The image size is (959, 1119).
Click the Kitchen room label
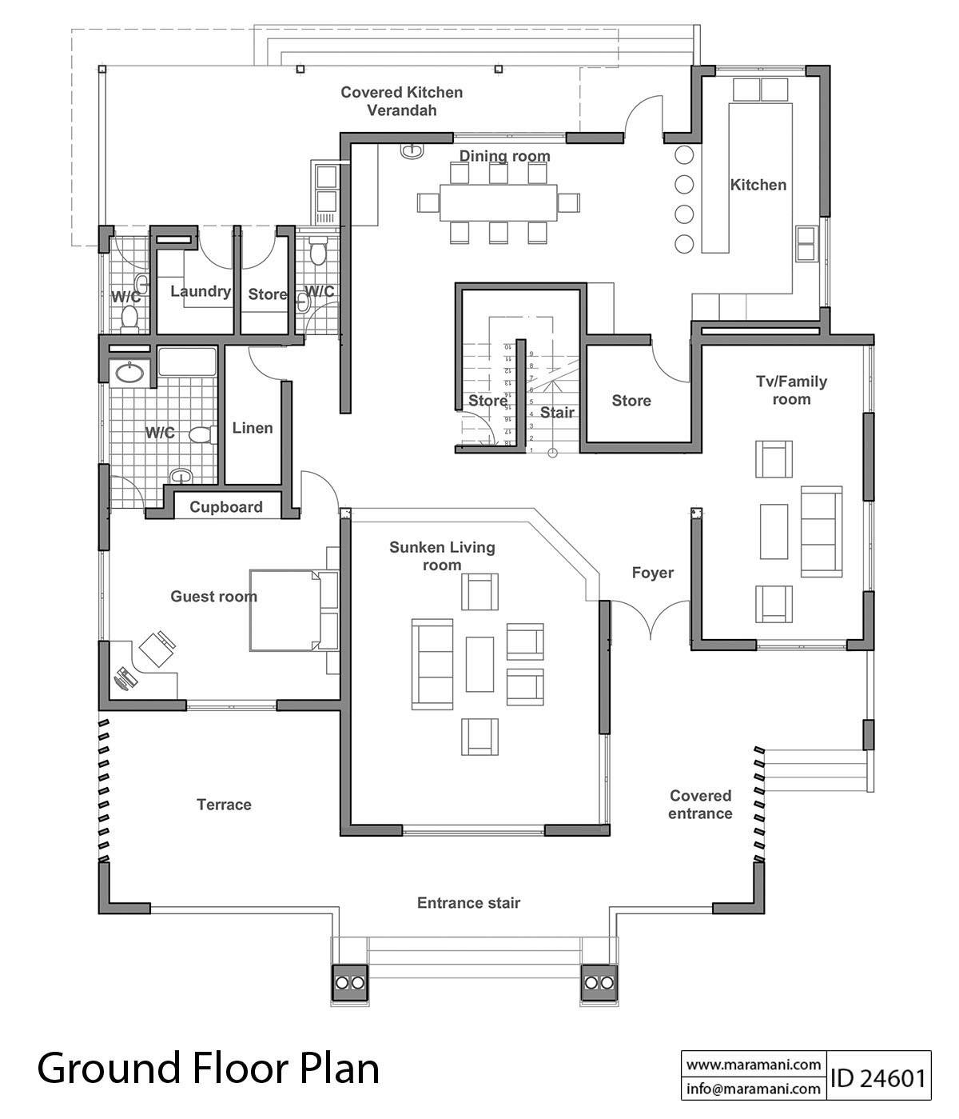coord(758,185)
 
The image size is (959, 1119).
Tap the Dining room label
coord(504,156)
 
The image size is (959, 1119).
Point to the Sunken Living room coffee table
coord(479,663)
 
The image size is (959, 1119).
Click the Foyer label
coord(652,573)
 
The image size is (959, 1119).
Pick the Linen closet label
coord(253,428)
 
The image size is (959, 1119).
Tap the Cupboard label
coord(226,507)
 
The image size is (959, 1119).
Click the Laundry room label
coord(200,292)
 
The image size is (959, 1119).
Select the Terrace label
coord(224,805)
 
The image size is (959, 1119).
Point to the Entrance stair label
coord(468,903)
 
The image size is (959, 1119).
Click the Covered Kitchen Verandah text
coord(401,101)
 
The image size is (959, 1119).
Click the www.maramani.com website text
coord(754,1065)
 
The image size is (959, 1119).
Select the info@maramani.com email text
coord(754,1089)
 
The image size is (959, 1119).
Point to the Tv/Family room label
coord(791,390)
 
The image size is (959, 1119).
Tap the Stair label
coord(557,413)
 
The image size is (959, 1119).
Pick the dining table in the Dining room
coord(499,202)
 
